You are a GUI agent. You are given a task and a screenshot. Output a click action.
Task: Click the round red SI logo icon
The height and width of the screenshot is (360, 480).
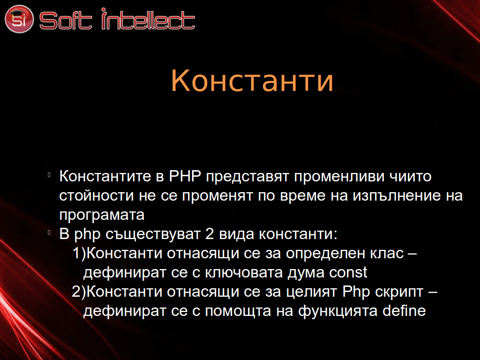(19, 19)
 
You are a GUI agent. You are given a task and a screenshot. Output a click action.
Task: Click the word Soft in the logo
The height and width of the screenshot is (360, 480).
(66, 21)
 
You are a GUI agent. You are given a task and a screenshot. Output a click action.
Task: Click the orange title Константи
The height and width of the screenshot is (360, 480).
(252, 80)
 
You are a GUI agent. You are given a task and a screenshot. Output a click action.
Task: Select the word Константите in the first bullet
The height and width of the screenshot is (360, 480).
(105, 176)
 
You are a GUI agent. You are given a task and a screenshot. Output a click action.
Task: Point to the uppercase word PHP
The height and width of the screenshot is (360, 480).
(185, 176)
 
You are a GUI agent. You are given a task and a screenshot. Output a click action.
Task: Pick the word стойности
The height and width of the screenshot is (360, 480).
(97, 196)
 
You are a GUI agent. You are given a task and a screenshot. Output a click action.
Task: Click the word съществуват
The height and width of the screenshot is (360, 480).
(153, 234)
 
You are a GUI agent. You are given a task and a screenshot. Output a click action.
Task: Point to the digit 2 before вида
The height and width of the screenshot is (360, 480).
(210, 234)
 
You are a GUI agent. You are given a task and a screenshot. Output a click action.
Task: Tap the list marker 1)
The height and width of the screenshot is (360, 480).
(79, 254)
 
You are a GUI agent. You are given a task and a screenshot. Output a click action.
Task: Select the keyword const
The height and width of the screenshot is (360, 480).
(348, 272)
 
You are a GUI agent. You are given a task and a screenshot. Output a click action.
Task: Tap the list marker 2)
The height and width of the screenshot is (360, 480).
(79, 292)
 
